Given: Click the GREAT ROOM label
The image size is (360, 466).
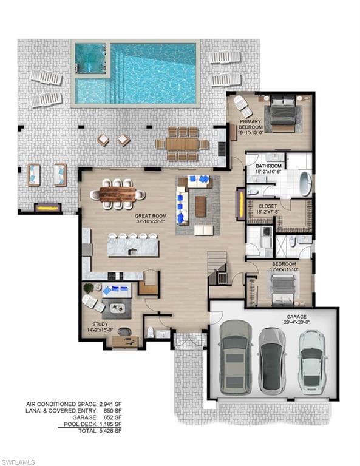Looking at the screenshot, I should click(x=151, y=215).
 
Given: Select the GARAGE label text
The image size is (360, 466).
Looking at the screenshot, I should click(x=297, y=317).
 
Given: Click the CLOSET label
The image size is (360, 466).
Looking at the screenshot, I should click(x=268, y=206).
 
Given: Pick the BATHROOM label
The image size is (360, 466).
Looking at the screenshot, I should click(x=268, y=166).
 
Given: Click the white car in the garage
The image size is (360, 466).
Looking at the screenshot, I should click(x=313, y=360).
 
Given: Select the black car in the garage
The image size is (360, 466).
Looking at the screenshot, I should click(x=271, y=360).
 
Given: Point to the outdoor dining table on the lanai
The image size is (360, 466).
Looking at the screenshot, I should click(x=182, y=144).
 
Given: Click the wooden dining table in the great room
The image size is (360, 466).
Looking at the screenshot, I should click(x=119, y=194).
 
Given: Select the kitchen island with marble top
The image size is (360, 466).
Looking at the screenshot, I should click(x=132, y=246).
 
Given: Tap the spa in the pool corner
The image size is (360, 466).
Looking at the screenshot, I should click(x=90, y=61).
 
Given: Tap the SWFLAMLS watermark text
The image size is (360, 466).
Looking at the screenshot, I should click(x=18, y=459).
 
